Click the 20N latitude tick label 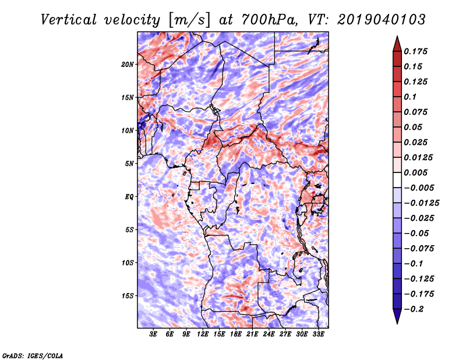[x=128, y=64]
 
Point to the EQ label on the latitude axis [x=129, y=197]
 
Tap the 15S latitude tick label [x=128, y=296]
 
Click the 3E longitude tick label [x=154, y=335]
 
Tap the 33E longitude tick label [x=319, y=335]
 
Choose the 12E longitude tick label [x=203, y=335]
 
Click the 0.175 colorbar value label [x=416, y=51]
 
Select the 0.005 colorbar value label [x=416, y=172]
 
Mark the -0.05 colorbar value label [x=416, y=233]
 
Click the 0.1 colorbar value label [x=412, y=97]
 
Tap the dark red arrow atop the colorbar [x=397, y=43]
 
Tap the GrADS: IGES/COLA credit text [x=32, y=355]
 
